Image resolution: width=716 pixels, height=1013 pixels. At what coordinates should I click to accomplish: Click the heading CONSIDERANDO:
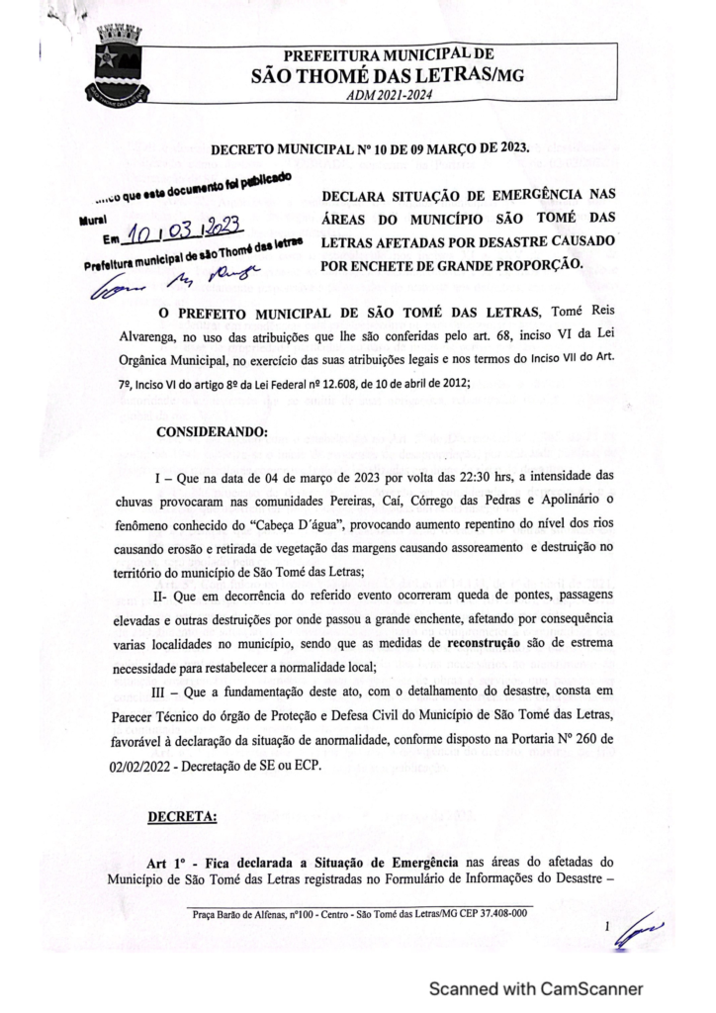click(212, 431)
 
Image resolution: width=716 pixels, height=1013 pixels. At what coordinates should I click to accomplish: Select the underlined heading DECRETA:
click(183, 817)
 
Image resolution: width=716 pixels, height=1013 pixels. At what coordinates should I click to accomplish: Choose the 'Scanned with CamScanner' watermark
click(534, 988)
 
